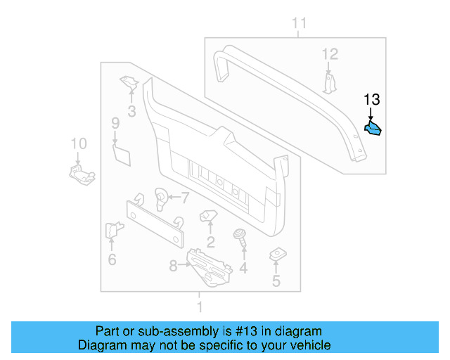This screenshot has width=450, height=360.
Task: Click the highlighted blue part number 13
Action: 373,129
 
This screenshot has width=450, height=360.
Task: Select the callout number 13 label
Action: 371,100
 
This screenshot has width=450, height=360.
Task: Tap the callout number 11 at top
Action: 300,25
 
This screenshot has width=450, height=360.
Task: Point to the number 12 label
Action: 330,53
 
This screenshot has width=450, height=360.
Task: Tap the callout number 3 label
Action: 131,110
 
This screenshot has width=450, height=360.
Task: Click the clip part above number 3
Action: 129,84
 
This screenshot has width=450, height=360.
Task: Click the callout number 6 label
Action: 112,259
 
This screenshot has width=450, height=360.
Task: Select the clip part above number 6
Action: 112,230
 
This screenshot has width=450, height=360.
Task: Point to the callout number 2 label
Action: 210,243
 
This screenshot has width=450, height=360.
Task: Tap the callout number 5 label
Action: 276,281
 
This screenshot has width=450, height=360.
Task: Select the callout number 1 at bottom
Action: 200,307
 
